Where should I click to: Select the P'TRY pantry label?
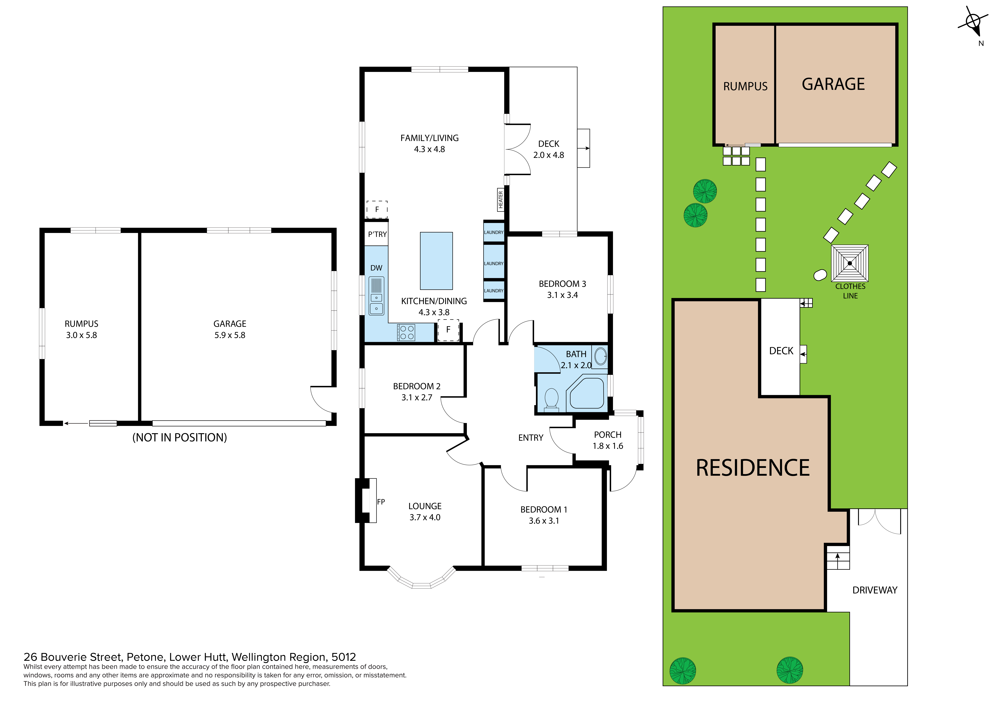pos(377,234)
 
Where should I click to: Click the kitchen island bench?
pos(436,261)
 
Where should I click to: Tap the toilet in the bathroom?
pos(551,398)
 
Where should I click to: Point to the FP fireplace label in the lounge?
pos(381,502)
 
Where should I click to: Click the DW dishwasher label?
pos(376,268)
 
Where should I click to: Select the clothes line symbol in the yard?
pos(849,263)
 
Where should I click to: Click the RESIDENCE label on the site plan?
pos(753,468)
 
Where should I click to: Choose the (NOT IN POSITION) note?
pos(179,437)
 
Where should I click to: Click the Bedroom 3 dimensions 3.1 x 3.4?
pos(562,295)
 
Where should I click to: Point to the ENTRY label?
pos(530,438)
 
